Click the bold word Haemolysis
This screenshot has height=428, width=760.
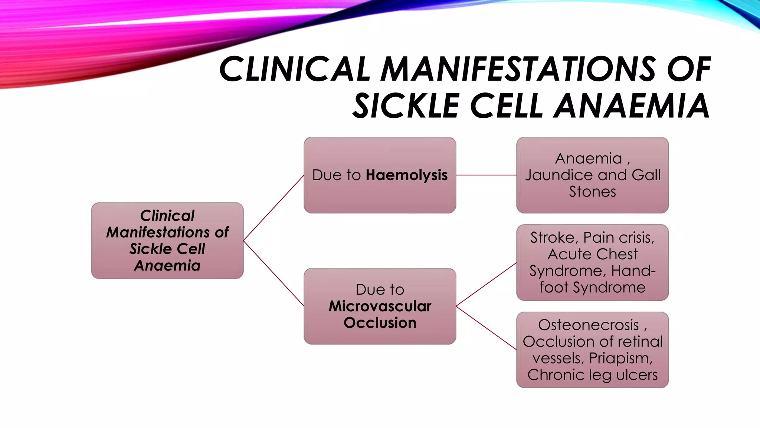click(406, 175)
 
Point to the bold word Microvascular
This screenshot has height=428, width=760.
click(380, 306)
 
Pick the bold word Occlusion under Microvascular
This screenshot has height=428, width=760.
click(380, 323)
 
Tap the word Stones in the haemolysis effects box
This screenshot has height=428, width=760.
click(592, 192)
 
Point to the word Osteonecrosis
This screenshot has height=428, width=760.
click(589, 325)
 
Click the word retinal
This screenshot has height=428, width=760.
click(641, 342)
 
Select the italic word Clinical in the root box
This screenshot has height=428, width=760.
click(167, 216)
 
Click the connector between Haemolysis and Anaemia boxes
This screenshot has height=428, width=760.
click(486, 175)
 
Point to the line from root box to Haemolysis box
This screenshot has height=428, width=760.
click(273, 208)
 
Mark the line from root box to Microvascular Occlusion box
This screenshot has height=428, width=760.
click(273, 273)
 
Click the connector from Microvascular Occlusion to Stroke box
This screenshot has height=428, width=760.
click(486, 285)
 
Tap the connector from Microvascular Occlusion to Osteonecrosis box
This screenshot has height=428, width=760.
click(486, 328)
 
